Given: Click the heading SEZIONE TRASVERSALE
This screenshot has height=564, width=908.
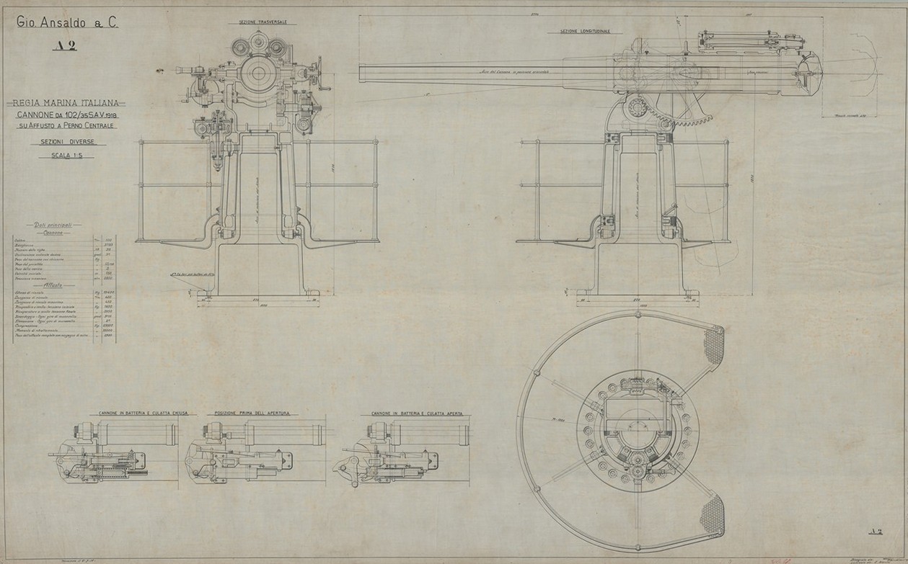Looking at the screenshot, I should point(257,22).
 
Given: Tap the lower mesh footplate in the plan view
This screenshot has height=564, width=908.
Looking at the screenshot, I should point(716,512).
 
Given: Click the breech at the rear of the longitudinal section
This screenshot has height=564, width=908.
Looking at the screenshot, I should point(808,73).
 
